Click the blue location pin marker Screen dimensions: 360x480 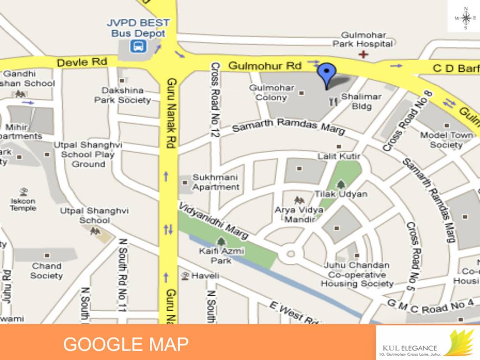327,74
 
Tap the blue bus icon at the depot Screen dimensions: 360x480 139,46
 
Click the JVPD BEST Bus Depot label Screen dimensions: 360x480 138,28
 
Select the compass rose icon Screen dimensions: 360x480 465,18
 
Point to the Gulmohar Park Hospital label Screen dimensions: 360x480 362,39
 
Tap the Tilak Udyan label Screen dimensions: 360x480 341,194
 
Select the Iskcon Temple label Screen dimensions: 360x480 23,204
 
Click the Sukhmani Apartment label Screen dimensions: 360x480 215,182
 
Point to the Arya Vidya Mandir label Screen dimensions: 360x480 299,215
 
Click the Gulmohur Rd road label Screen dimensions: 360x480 264,66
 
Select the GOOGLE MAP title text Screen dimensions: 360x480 126,345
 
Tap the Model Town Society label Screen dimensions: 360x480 446,140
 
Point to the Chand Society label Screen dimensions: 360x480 46,270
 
